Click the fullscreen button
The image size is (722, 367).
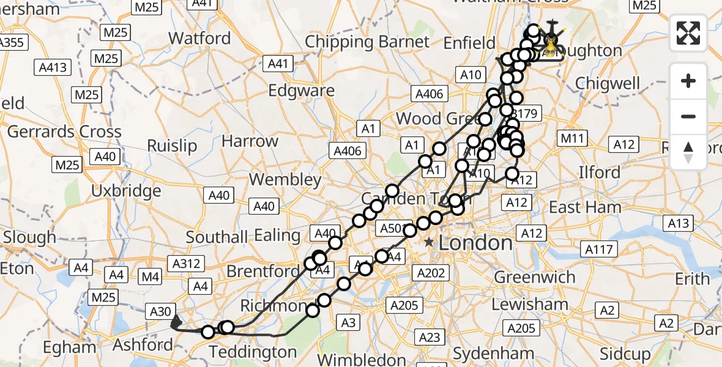point(688,33)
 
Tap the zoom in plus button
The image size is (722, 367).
point(688,81)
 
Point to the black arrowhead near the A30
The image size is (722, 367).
point(176,321)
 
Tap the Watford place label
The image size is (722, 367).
point(199,38)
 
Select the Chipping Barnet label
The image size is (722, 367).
point(367,42)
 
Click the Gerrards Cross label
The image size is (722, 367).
point(64,132)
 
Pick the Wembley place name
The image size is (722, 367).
point(285,180)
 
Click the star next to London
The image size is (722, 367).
point(430,243)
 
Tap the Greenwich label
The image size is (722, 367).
point(534,277)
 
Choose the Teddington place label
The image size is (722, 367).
point(253,352)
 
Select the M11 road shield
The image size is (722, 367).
point(573,138)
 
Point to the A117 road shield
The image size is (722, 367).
point(600,250)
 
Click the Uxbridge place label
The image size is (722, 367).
point(126,191)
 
